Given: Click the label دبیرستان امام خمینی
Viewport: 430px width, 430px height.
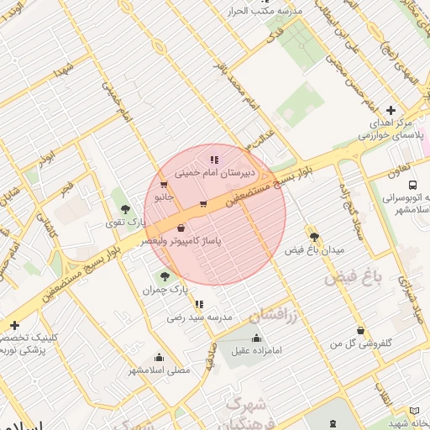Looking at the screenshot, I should point(208,172).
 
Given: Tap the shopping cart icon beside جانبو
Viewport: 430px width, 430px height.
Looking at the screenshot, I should point(163,184).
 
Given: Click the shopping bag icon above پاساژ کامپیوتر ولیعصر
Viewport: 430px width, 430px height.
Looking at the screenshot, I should point(181,228).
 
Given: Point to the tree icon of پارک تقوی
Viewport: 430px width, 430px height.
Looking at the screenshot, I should point(125,209).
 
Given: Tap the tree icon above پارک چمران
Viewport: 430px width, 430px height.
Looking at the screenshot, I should point(164,275).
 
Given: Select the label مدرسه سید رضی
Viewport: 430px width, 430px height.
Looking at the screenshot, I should point(199,317).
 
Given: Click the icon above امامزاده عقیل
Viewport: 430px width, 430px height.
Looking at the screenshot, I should point(257,338).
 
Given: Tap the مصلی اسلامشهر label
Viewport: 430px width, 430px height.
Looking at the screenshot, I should point(160,370).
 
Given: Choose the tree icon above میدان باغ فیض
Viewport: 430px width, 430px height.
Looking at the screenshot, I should point(314,237).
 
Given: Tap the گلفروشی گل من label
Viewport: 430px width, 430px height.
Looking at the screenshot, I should point(361,343).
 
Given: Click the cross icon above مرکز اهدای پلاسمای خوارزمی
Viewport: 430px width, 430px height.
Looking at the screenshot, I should point(391,110).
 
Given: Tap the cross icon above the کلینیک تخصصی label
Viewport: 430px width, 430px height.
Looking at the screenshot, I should point(14,325).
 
